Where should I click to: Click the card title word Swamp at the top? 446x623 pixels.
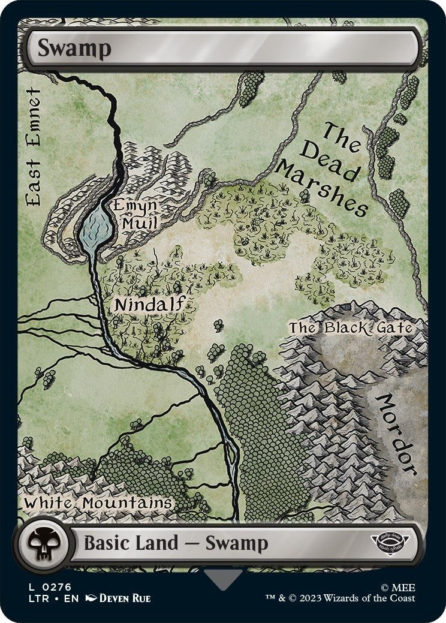(x=74, y=49)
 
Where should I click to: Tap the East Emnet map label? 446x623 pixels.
(x=34, y=148)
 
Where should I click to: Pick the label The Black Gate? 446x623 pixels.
(x=351, y=328)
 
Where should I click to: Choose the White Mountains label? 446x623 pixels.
(x=98, y=502)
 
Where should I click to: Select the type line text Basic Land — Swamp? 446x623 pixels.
(x=175, y=543)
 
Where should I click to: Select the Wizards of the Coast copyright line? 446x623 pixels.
(x=340, y=598)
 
